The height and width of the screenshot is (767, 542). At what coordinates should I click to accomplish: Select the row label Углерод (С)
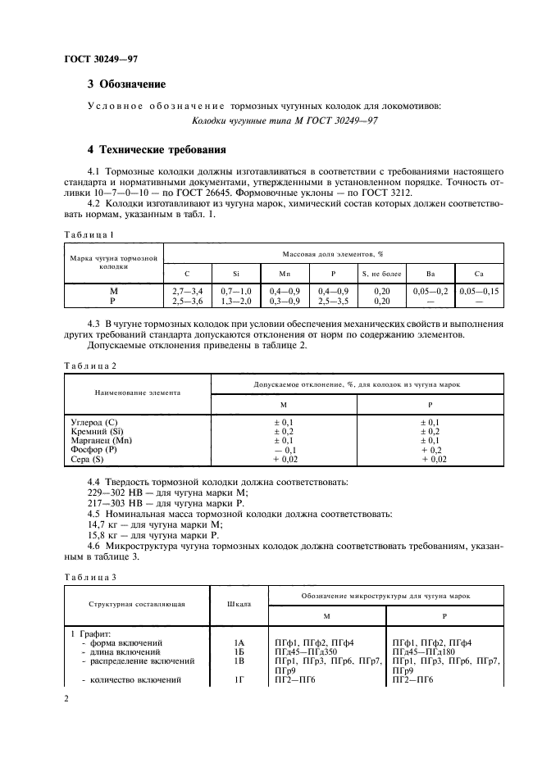pyautogui.click(x=95, y=421)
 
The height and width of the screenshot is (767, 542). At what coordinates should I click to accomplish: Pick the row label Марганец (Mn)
pyautogui.click(x=102, y=440)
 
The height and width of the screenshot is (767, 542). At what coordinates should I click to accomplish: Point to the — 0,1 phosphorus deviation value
pyautogui.click(x=284, y=450)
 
